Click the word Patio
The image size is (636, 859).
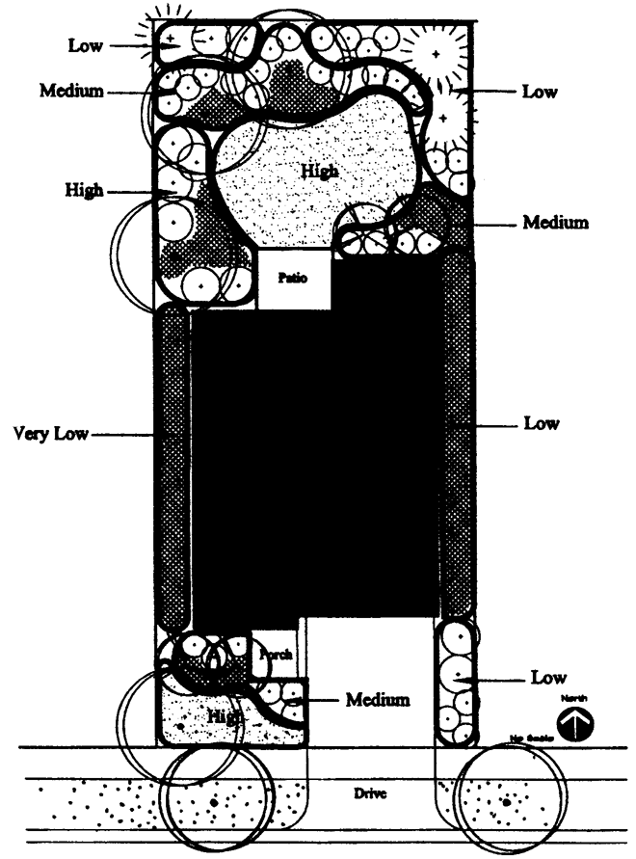(294, 279)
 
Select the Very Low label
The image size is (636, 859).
(50, 433)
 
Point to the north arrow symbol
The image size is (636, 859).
(576, 725)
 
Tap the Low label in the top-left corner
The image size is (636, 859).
(86, 45)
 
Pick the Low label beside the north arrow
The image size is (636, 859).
(548, 678)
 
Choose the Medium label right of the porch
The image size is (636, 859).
(377, 698)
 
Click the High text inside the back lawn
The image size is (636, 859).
(320, 171)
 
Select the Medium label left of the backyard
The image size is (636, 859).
(71, 91)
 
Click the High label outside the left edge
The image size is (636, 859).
(85, 191)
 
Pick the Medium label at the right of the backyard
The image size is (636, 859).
(555, 223)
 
